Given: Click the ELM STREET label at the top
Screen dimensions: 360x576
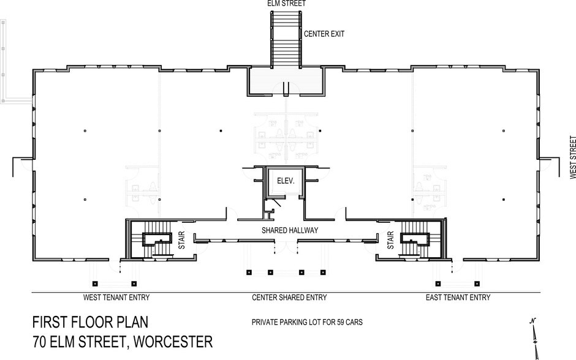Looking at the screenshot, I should coord(287,4).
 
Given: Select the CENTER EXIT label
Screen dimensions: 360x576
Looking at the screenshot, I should coord(324,34).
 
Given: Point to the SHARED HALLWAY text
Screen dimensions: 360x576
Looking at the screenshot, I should coord(289,231).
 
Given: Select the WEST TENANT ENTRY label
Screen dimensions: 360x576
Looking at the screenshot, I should coord(116,298).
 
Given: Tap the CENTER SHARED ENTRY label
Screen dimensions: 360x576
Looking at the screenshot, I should coord(289,298).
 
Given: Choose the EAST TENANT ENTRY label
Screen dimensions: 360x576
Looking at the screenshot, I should coord(458,298).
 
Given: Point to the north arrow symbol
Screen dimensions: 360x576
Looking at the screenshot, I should coord(535,337).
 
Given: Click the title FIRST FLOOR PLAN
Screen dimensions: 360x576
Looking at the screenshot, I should coord(89,323).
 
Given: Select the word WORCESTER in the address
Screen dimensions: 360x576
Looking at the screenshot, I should coord(169,342).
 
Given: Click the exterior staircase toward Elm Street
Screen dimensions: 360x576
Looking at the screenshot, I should coord(286,37).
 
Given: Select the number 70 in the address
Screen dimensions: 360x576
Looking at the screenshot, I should coord(40,342).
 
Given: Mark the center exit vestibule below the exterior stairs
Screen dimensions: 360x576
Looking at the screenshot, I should coord(286,81).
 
